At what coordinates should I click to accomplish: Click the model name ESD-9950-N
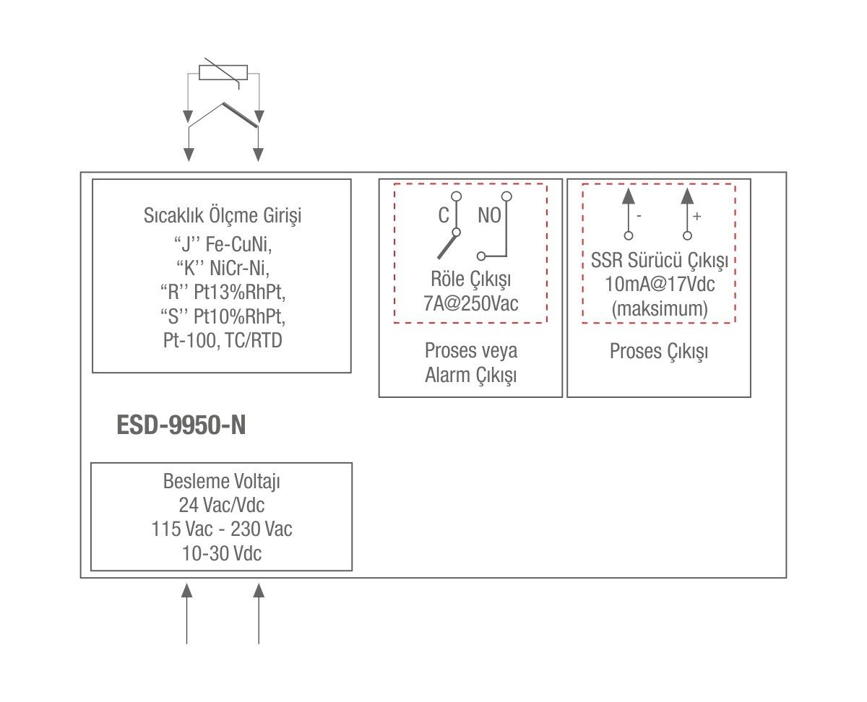(x=181, y=425)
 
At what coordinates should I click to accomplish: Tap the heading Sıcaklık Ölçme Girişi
(x=222, y=216)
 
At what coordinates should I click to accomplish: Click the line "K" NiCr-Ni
(x=222, y=269)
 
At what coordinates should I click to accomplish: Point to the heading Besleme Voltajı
(x=221, y=481)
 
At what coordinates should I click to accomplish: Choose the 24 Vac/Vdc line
(x=221, y=504)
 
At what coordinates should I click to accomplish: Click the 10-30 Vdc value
(x=221, y=554)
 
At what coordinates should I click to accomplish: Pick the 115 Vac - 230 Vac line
(x=221, y=529)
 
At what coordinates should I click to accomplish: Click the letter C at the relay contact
(x=444, y=215)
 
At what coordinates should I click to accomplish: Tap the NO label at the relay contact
(x=489, y=215)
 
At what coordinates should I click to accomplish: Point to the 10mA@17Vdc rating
(x=659, y=284)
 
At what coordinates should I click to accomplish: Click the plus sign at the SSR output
(x=696, y=216)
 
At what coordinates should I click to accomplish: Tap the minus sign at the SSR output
(x=639, y=216)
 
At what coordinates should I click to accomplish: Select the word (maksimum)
(x=659, y=309)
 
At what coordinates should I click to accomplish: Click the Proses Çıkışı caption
(x=659, y=352)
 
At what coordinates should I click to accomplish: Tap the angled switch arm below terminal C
(x=446, y=246)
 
